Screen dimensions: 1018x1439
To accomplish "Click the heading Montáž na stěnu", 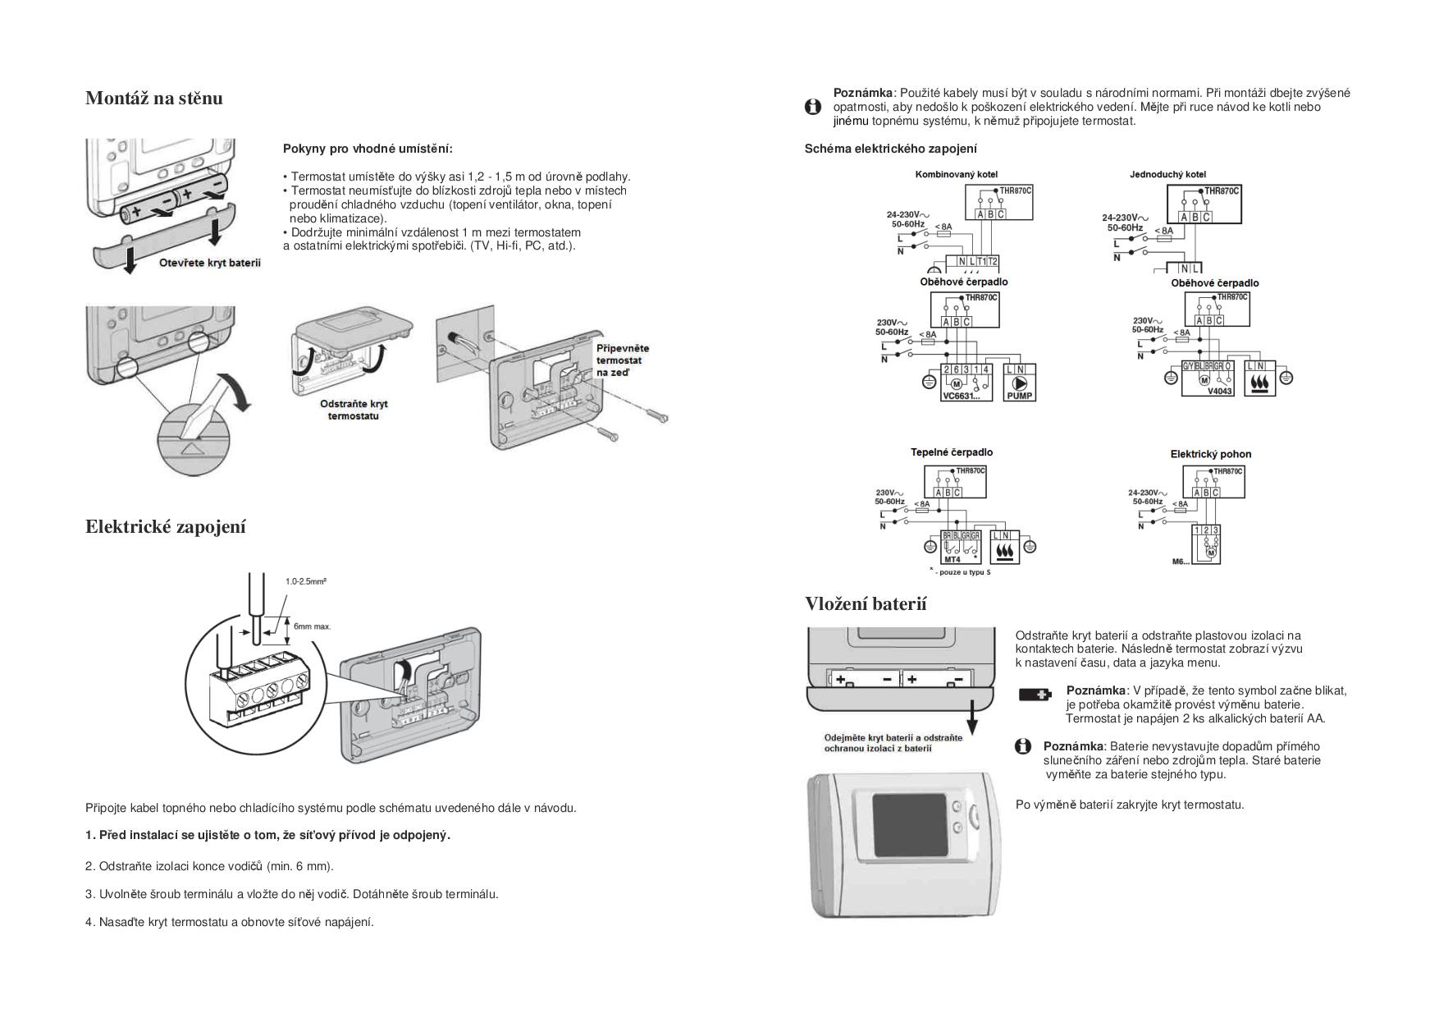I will [154, 99].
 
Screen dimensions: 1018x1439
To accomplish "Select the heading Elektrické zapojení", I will [166, 527].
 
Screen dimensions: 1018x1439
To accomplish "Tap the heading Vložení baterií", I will [866, 604].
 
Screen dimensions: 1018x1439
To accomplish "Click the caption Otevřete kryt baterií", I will [209, 264].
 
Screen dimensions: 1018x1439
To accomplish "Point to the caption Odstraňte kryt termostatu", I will [354, 410].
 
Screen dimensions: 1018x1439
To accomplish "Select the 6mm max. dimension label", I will [313, 626].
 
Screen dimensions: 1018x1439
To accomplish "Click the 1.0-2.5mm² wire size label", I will [306, 581].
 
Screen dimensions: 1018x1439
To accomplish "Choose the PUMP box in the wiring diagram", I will [1020, 383].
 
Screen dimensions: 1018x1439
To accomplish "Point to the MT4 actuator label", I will [952, 559].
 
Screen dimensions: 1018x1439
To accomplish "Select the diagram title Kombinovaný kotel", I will [957, 174].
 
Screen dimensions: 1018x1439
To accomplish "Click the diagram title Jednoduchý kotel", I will [1167, 174].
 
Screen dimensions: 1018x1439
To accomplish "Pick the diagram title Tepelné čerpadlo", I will [952, 452].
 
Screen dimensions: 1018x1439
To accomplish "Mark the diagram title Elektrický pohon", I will [1211, 454].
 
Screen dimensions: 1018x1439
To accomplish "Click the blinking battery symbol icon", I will [1035, 695].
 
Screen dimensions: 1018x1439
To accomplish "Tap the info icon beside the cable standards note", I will [813, 107].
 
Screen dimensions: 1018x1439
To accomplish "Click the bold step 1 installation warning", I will [268, 836].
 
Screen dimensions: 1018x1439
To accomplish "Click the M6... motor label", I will [1181, 562].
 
